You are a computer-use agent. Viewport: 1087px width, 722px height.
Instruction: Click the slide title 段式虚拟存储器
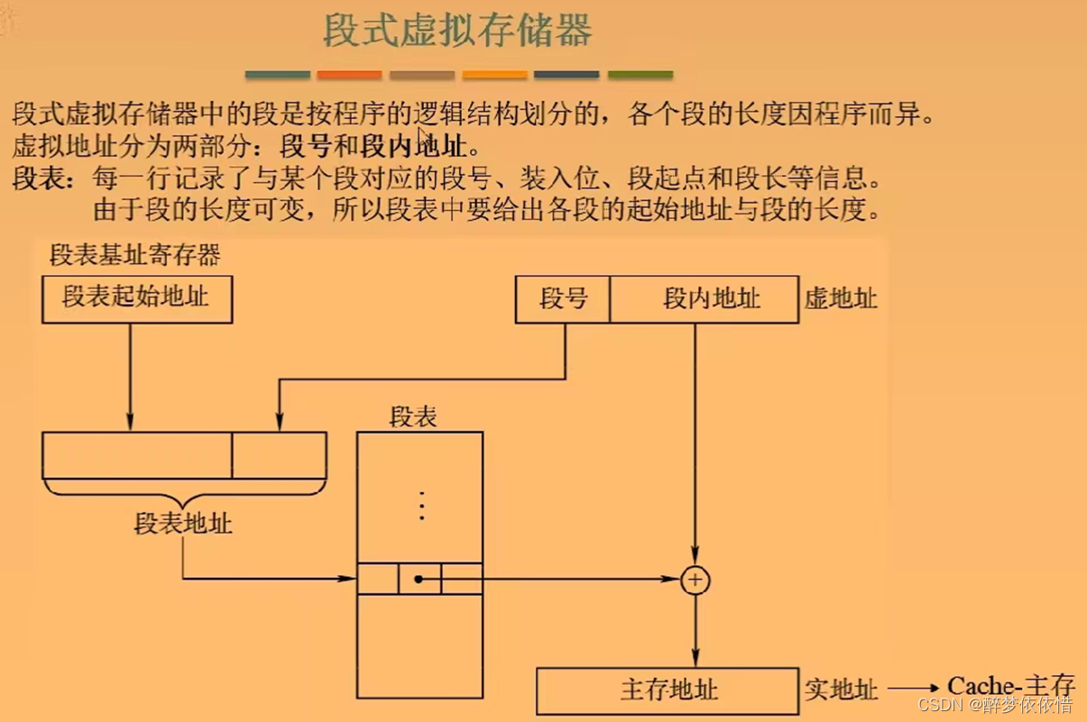pyautogui.click(x=457, y=32)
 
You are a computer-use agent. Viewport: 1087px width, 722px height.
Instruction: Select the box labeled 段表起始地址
pyautogui.click(x=137, y=299)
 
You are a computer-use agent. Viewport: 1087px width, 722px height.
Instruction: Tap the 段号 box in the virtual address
pyautogui.click(x=563, y=299)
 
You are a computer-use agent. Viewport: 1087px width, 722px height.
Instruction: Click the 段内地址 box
pyautogui.click(x=704, y=299)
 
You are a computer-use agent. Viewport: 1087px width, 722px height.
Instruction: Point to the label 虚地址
pyautogui.click(x=841, y=299)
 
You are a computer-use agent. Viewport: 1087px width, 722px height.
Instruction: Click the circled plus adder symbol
pyautogui.click(x=695, y=580)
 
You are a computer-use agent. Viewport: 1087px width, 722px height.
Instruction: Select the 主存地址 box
pyautogui.click(x=668, y=690)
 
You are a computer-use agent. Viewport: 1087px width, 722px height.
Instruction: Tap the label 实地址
pyautogui.click(x=841, y=690)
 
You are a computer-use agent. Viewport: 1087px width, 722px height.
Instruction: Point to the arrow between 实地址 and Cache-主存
pyautogui.click(x=913, y=690)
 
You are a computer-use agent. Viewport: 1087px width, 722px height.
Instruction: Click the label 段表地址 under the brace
pyautogui.click(x=183, y=523)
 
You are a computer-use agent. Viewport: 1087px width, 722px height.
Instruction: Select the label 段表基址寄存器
pyautogui.click(x=135, y=255)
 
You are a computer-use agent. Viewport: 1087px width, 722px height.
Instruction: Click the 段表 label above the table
pyautogui.click(x=413, y=416)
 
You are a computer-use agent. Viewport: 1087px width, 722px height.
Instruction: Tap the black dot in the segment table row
pyautogui.click(x=419, y=579)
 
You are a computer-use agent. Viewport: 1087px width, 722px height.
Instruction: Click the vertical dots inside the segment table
pyautogui.click(x=420, y=506)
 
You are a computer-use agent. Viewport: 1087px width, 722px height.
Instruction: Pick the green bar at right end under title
pyautogui.click(x=640, y=75)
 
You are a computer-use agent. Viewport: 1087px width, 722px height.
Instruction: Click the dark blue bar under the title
pyautogui.click(x=567, y=75)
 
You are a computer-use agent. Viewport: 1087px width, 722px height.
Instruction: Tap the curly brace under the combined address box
pyautogui.click(x=184, y=491)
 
